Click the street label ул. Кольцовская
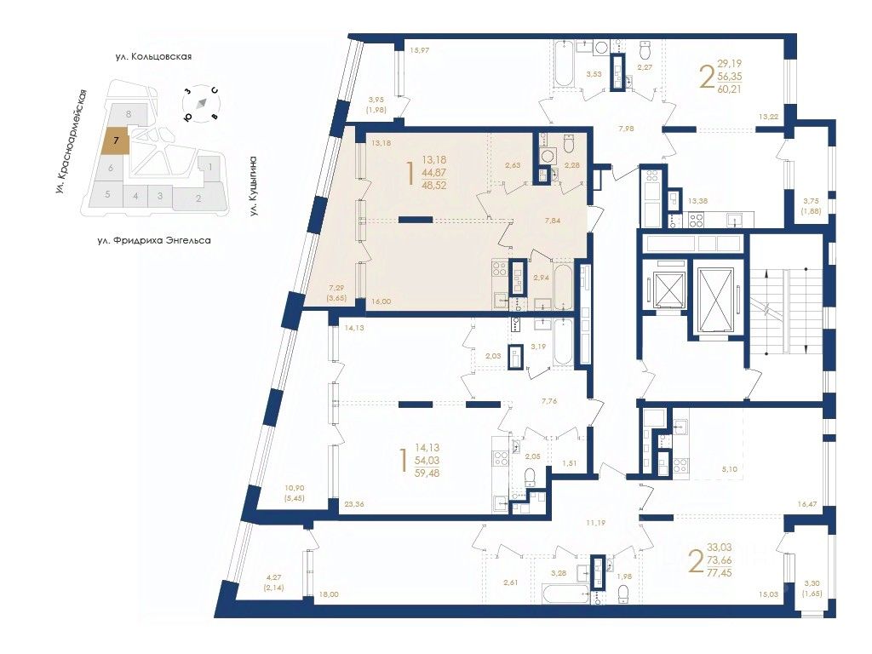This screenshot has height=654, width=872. click(x=153, y=56)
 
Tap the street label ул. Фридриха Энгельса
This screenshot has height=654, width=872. click(x=154, y=241)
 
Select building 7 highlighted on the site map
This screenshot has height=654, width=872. click(x=116, y=141)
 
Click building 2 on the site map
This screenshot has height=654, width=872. click(x=198, y=198)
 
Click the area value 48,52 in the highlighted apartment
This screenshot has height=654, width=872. click(x=433, y=185)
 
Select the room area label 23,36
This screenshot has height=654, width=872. click(x=355, y=504)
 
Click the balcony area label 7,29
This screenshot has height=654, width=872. click(x=337, y=288)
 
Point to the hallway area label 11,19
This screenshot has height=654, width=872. click(x=595, y=523)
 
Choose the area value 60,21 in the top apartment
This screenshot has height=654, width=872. click(x=729, y=89)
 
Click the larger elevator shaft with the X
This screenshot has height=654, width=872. click(x=715, y=300)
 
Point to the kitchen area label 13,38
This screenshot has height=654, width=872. click(x=697, y=201)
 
